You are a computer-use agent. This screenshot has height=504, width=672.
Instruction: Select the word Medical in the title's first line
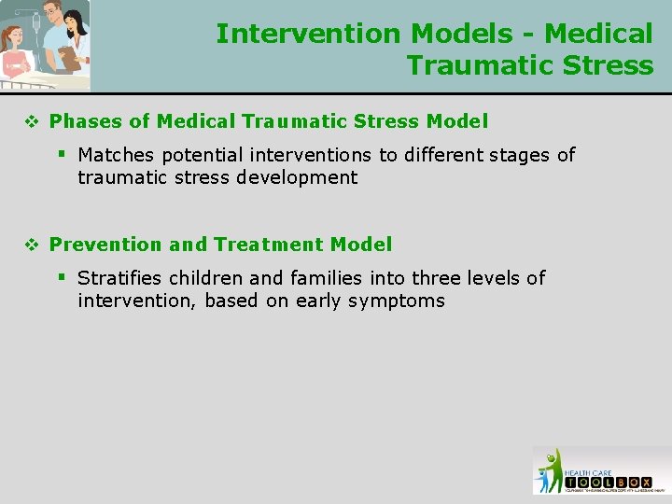pyautogui.click(x=598, y=34)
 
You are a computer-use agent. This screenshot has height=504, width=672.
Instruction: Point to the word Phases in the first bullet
pyautogui.click(x=81, y=121)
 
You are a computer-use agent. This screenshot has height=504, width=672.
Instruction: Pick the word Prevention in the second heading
pyautogui.click(x=106, y=245)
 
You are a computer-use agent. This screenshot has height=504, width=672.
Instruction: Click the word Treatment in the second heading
pyautogui.click(x=269, y=245)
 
